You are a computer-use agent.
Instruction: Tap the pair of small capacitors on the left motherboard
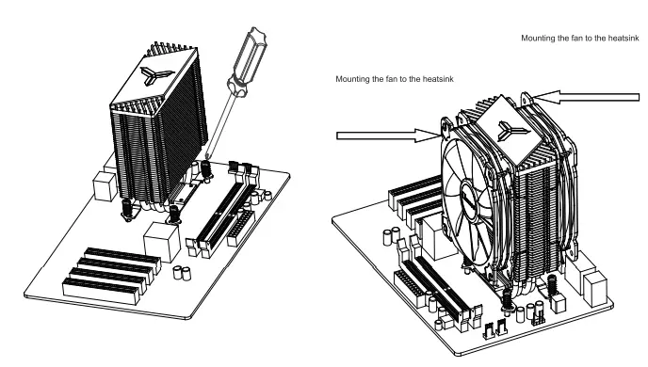click(x=180, y=275)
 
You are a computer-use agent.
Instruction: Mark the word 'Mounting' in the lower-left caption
click(x=353, y=80)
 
